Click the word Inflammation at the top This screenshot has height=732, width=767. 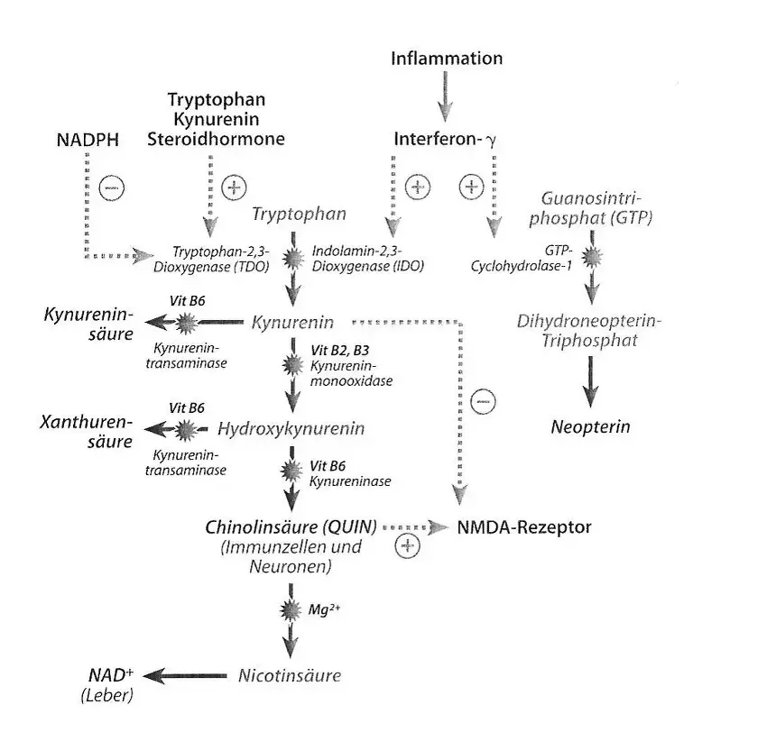[447, 59]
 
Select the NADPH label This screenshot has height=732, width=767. [88, 139]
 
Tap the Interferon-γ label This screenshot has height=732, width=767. [445, 140]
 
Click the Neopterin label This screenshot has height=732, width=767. [590, 426]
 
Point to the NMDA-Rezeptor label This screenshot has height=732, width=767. [524, 527]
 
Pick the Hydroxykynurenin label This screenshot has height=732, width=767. [291, 429]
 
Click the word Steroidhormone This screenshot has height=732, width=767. [216, 139]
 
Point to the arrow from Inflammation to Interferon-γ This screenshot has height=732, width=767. [442, 96]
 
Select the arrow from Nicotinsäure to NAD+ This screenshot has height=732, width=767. [187, 675]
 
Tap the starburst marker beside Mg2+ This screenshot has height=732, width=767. [291, 608]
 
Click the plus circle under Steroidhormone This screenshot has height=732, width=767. [234, 188]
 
